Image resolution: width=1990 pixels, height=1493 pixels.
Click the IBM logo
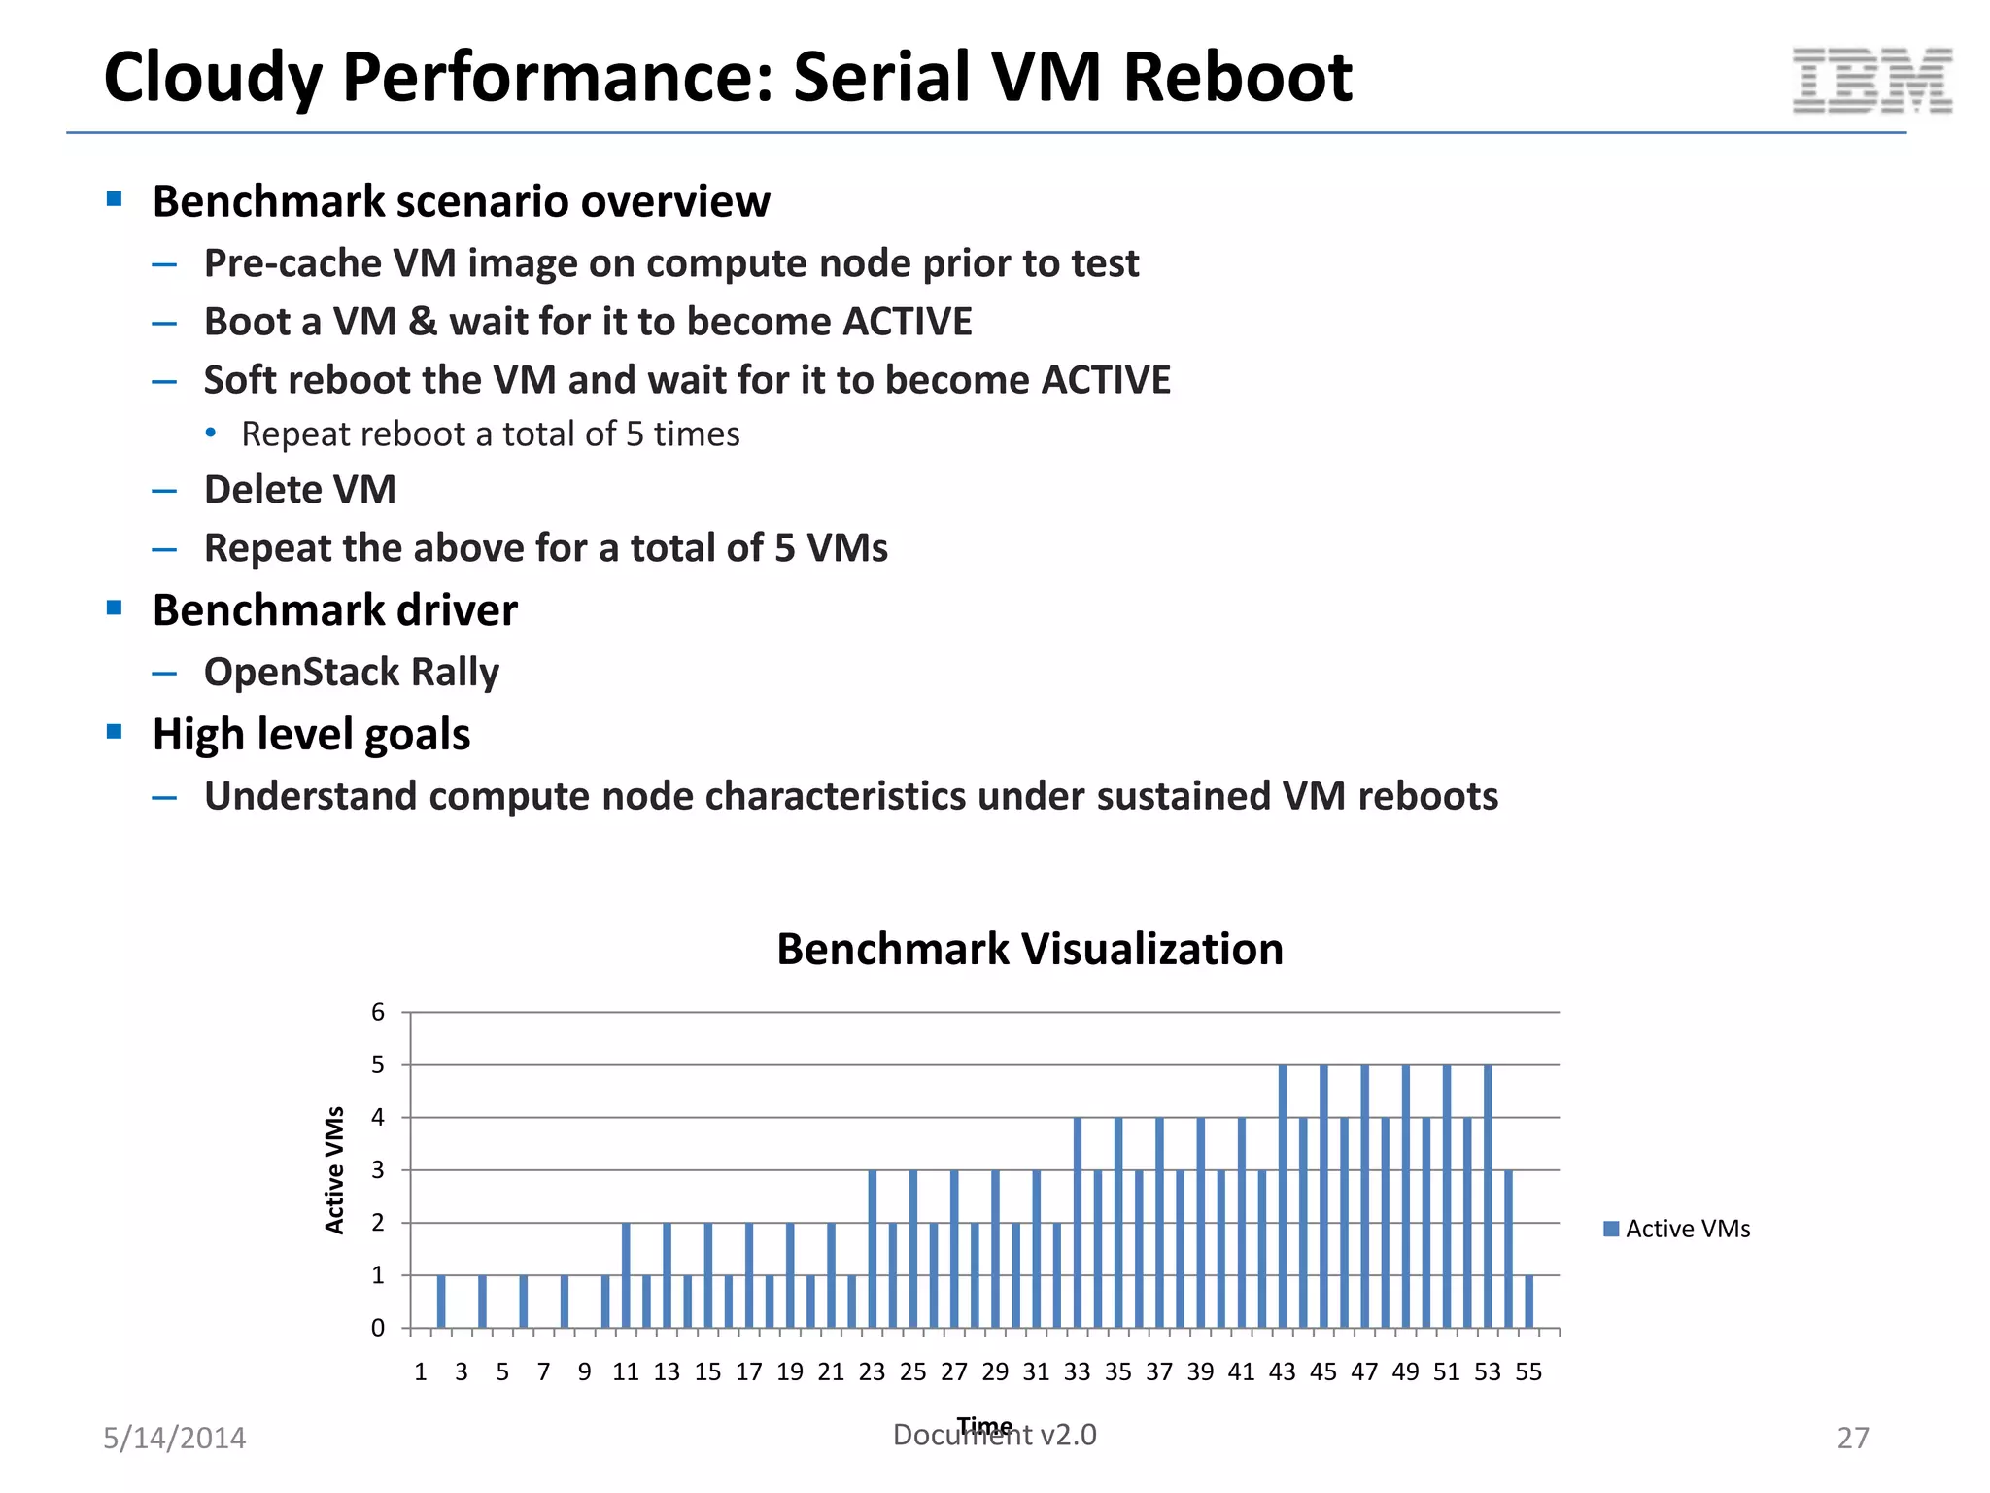tap(1871, 81)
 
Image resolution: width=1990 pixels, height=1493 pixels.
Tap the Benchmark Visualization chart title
tap(1029, 949)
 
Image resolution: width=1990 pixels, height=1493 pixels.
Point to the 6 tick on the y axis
tap(378, 1012)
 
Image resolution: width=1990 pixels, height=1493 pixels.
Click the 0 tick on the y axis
tap(378, 1328)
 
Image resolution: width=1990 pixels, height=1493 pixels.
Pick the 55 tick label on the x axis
tap(1528, 1371)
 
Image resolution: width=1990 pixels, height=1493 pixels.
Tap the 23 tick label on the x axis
tap(872, 1371)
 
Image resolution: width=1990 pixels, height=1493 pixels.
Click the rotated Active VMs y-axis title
tap(334, 1170)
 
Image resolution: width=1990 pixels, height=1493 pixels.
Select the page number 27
tap(1852, 1438)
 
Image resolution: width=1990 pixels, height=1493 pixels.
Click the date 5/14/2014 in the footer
tap(175, 1438)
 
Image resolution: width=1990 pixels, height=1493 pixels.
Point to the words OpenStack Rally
tap(352, 672)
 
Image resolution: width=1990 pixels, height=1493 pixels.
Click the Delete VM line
tap(300, 489)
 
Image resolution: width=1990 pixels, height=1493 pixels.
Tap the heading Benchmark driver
tap(335, 610)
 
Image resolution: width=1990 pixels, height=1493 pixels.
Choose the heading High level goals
tap(311, 734)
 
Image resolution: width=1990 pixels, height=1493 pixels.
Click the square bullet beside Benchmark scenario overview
tap(115, 199)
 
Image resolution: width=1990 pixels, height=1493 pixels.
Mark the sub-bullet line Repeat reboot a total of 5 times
tap(491, 434)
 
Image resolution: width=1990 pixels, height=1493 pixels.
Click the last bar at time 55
tap(1529, 1302)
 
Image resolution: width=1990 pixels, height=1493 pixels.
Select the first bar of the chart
tap(441, 1302)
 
